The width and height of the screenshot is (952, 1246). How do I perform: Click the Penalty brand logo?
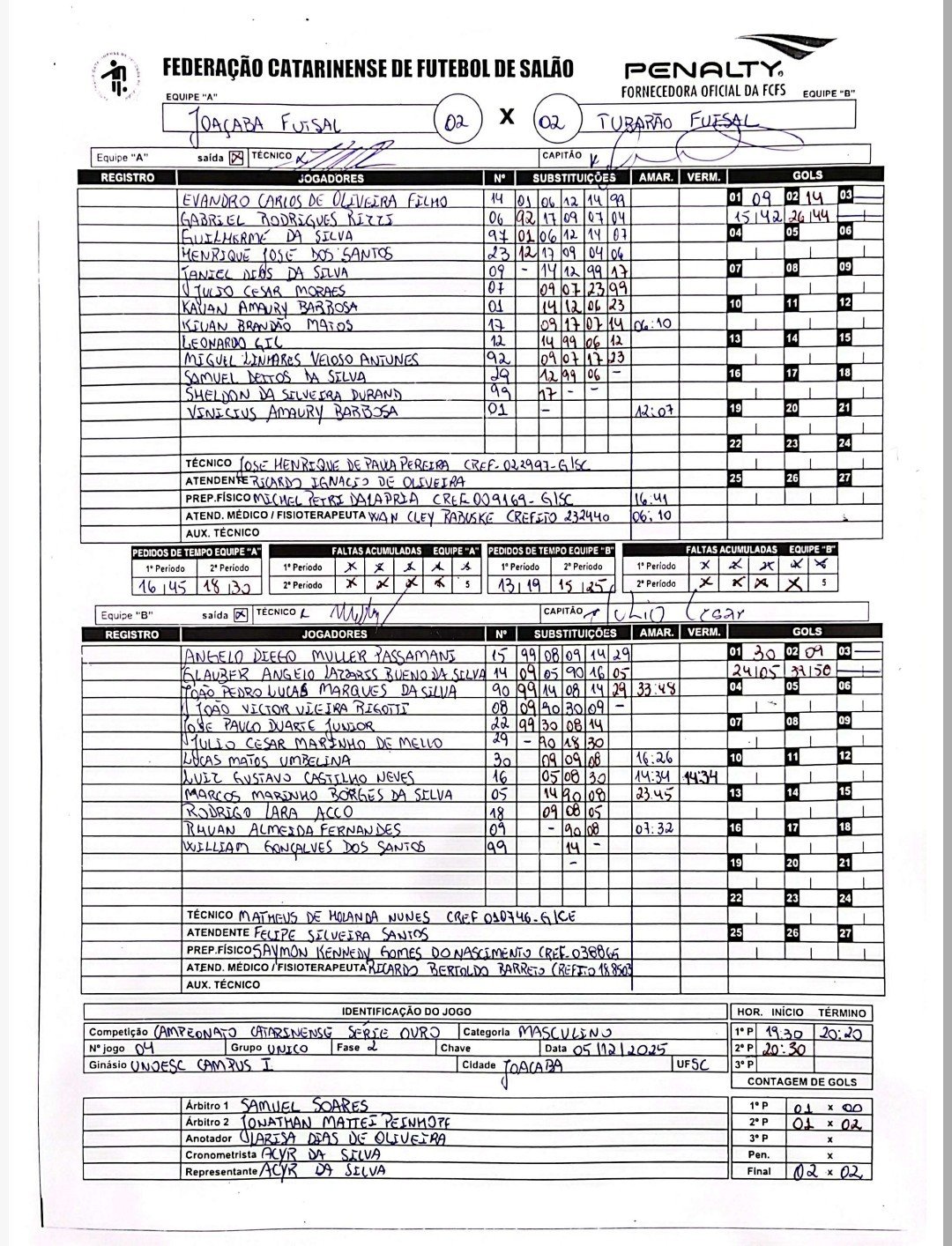pyautogui.click(x=703, y=68)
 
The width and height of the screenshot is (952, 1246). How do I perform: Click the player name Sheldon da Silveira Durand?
pyautogui.click(x=292, y=394)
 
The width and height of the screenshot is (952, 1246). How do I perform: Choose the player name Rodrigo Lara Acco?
pyautogui.click(x=268, y=812)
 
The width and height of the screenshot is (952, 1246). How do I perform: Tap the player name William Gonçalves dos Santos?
pyautogui.click(x=304, y=847)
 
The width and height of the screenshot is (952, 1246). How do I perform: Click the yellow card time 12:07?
pyautogui.click(x=655, y=411)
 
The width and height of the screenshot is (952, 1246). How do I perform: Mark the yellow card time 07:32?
pyautogui.click(x=655, y=829)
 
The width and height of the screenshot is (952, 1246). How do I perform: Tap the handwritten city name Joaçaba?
pyautogui.click(x=533, y=1066)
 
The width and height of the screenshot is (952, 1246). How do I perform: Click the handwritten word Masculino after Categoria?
pyautogui.click(x=564, y=1032)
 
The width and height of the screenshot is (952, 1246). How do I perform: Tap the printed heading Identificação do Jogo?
pyautogui.click(x=406, y=1012)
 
